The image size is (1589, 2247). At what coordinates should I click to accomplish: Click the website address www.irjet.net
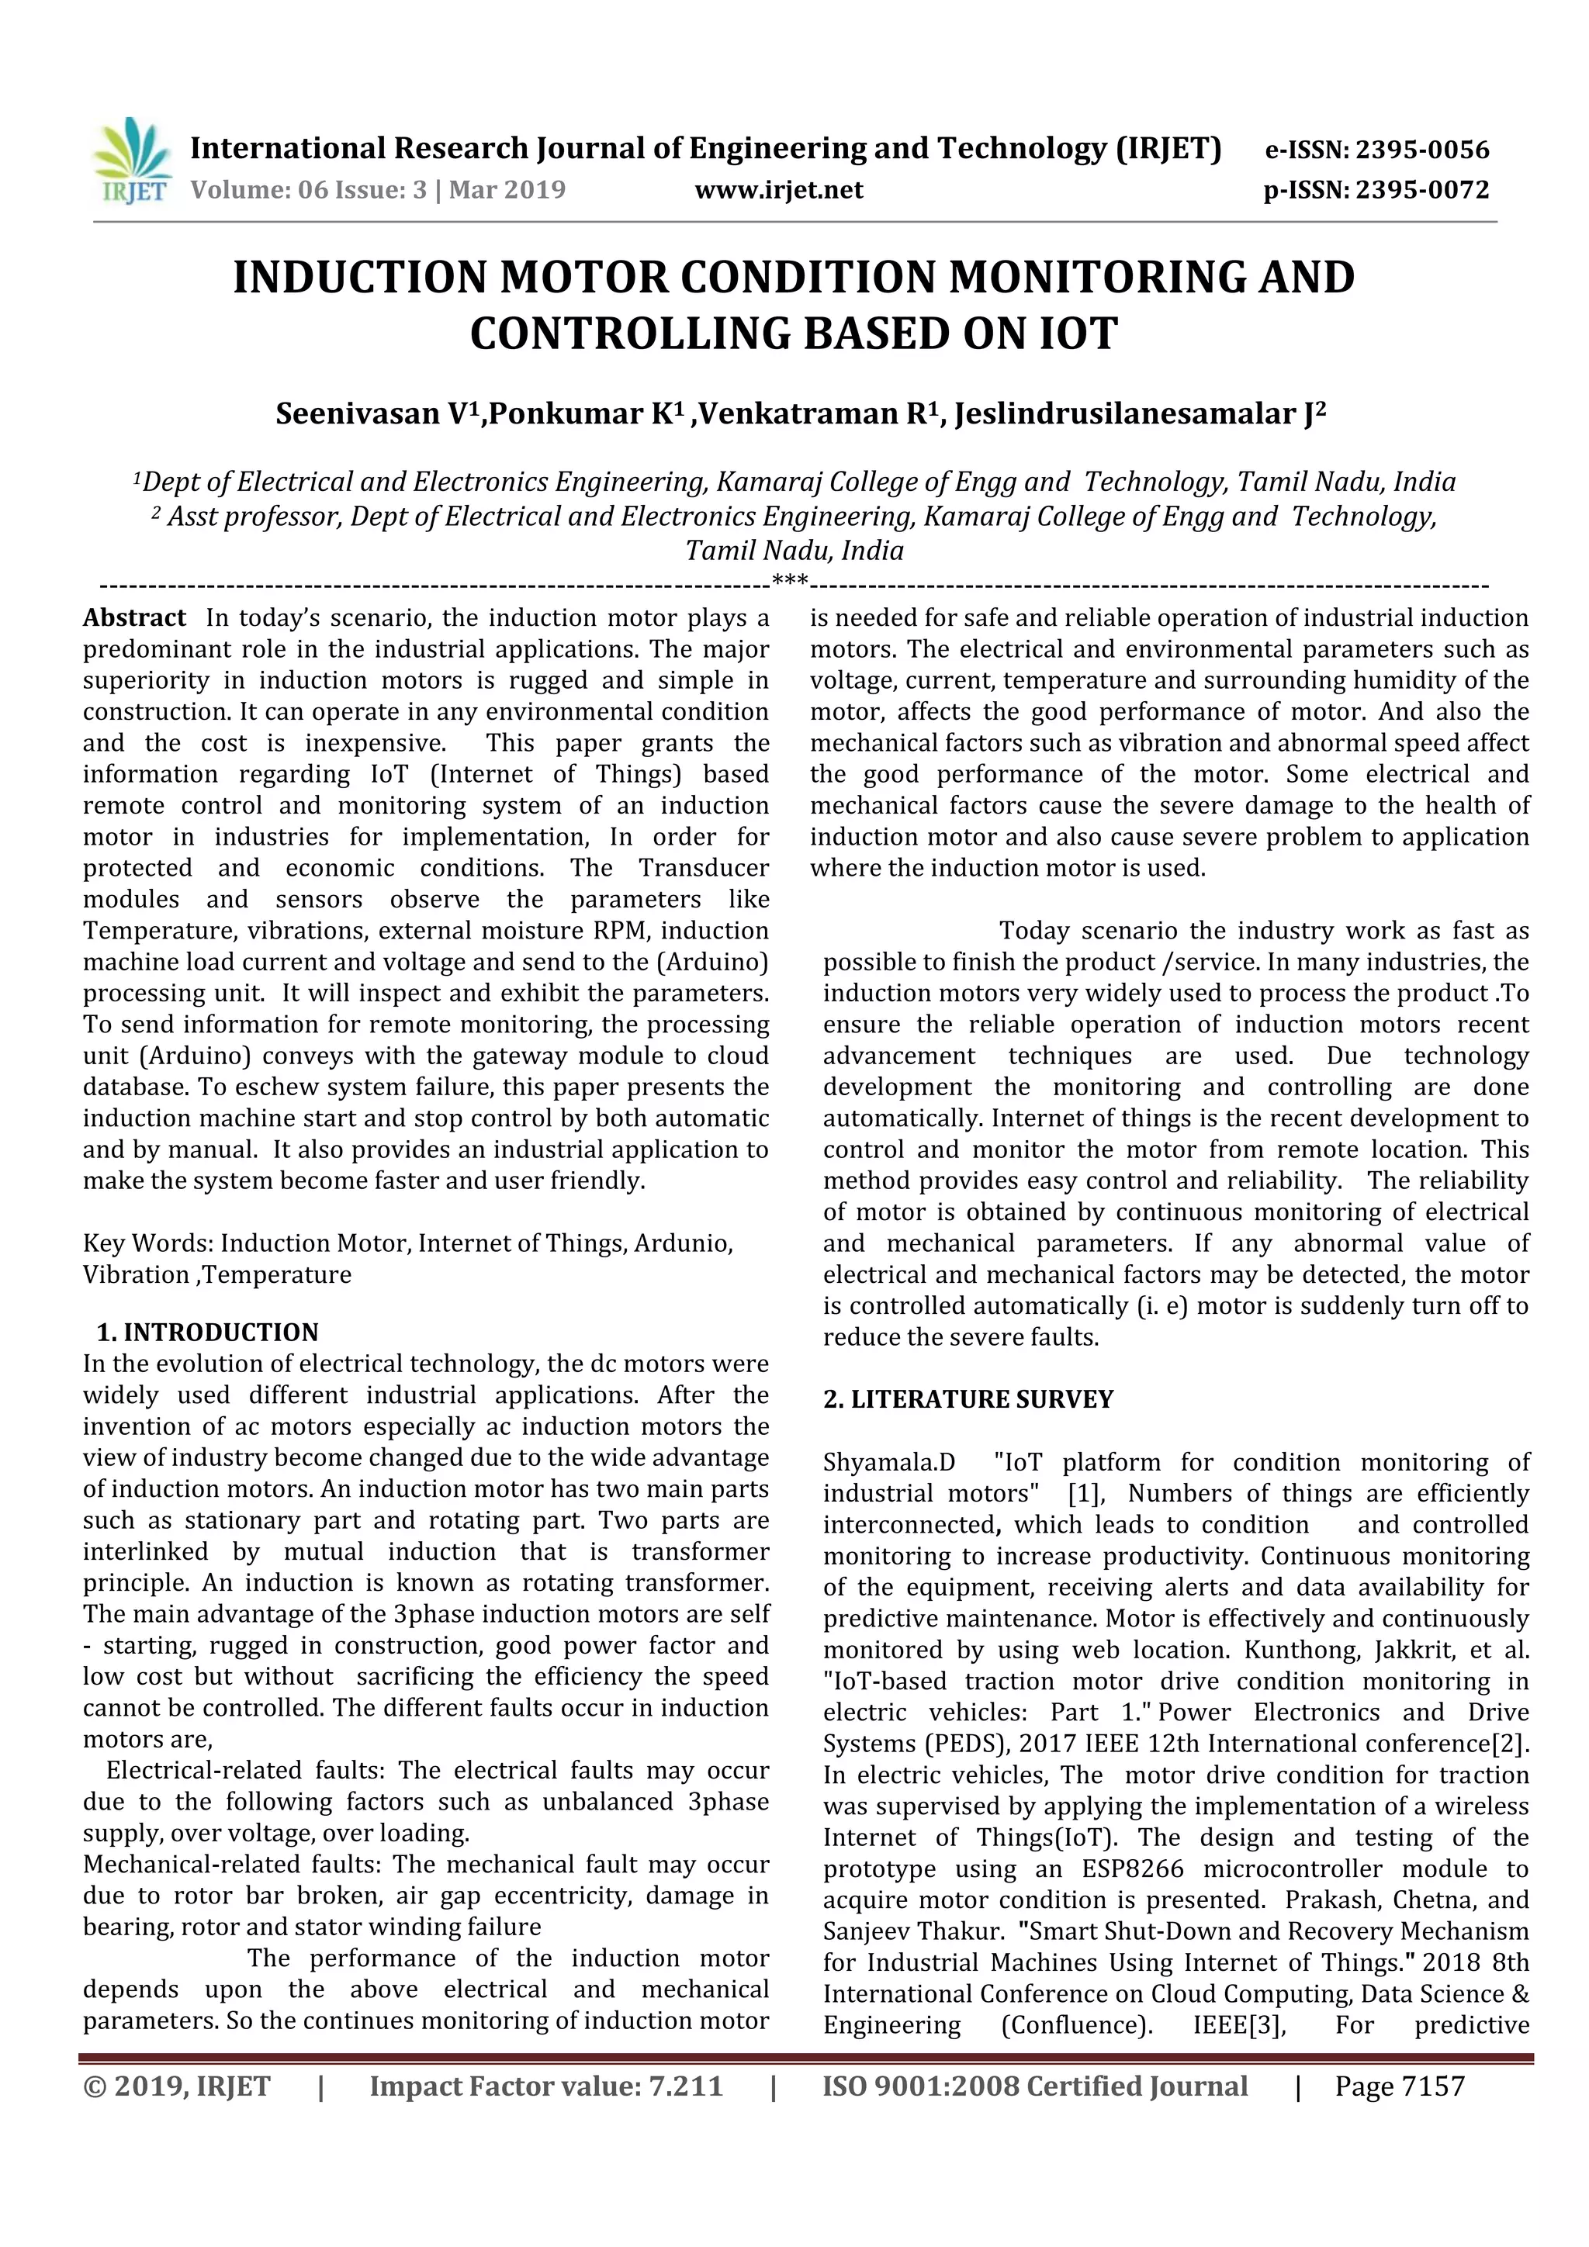point(778,190)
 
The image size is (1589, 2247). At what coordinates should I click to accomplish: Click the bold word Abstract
point(134,617)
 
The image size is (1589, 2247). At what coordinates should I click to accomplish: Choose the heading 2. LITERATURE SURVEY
point(968,1399)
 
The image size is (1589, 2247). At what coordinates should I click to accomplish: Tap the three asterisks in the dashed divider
point(790,581)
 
